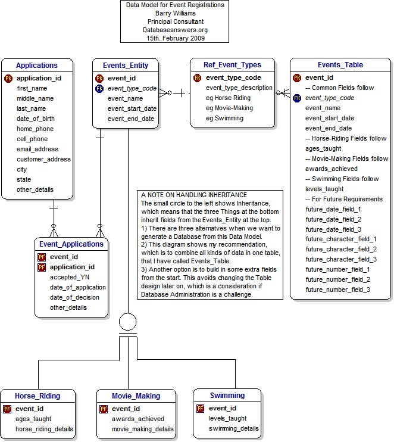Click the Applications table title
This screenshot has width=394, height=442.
37,66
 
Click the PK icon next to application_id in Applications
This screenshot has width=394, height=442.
8,78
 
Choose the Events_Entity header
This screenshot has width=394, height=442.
125,66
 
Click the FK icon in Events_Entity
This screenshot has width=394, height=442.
99,88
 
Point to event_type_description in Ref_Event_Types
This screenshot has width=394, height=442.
239,88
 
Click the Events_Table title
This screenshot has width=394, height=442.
340,65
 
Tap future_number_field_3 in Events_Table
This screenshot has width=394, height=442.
337,290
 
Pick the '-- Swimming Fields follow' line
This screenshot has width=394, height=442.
342,179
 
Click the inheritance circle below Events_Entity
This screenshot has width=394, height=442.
128,322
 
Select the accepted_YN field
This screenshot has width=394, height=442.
70,277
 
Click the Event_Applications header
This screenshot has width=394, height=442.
71,244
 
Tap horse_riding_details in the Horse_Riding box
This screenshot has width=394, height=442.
44,429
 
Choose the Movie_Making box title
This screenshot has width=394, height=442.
136,396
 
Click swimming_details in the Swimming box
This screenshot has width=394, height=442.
234,428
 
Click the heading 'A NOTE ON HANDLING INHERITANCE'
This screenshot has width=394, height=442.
194,195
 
